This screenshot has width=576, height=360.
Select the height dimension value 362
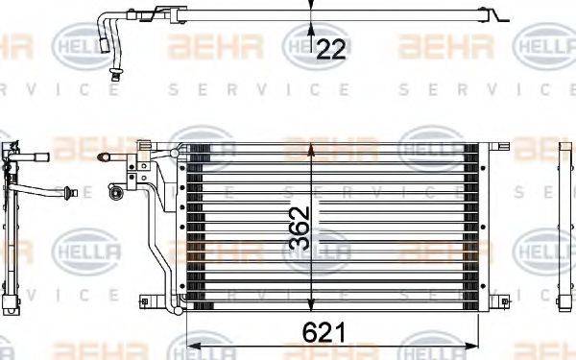tap(300, 227)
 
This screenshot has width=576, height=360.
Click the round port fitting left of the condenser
tap(116, 193)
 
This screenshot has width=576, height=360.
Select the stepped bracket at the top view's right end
tap(500, 16)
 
